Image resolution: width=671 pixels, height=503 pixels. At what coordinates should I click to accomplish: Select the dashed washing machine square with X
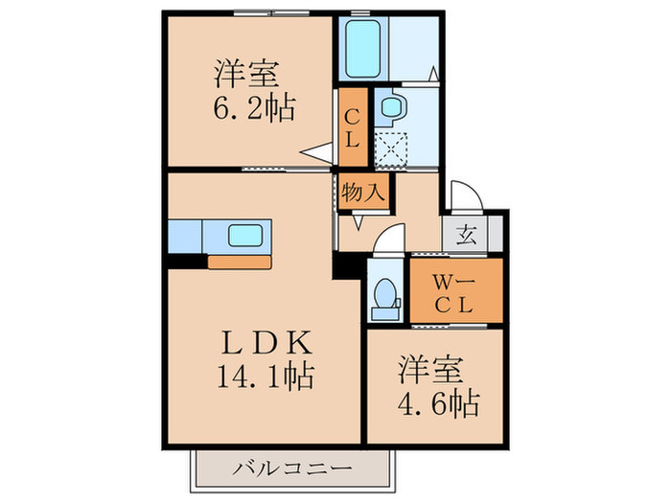coord(390,149)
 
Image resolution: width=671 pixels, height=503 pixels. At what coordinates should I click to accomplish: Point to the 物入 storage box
coord(363,190)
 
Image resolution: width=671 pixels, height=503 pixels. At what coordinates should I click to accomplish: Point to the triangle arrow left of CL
coord(313,151)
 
